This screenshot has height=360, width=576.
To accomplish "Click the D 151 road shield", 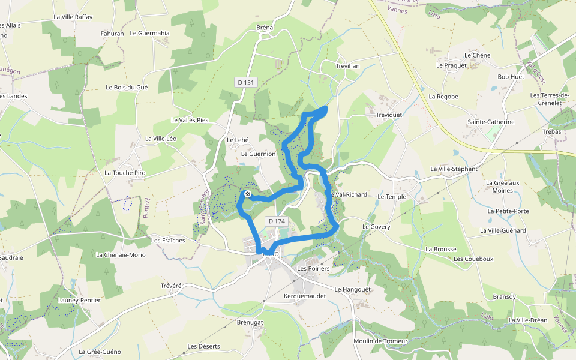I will (x=246, y=82).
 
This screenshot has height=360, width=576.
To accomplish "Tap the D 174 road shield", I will (x=277, y=221).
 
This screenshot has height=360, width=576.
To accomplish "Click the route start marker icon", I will (x=247, y=194).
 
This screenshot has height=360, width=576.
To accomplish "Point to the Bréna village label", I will (x=265, y=28).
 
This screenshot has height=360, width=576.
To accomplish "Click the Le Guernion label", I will (x=258, y=154).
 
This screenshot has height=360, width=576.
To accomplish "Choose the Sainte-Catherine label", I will (x=491, y=122).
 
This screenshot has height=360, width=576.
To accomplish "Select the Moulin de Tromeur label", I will (x=380, y=341).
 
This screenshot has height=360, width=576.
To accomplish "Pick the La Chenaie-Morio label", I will (x=121, y=254).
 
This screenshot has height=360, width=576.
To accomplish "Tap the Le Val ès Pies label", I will (x=190, y=120).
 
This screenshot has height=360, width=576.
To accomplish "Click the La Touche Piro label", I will (x=125, y=173).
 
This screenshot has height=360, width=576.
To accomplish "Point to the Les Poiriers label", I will (x=314, y=269).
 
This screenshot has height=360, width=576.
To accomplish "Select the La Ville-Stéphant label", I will (x=454, y=169).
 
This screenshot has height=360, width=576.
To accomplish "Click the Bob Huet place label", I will (x=511, y=77).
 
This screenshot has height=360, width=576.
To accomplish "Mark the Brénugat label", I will (x=250, y=322).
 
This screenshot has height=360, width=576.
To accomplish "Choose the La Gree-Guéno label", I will (x=100, y=352).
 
